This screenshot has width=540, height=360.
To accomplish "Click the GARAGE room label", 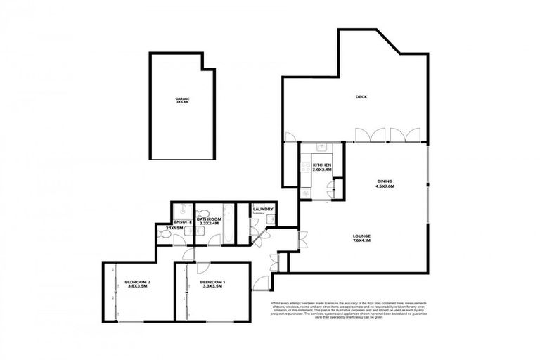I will (182, 100).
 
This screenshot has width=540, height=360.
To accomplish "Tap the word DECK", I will (361, 97).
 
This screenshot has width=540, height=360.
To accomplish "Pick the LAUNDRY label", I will (263, 210).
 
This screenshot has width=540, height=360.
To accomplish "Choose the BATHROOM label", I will (210, 221).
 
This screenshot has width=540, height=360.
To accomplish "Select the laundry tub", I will (269, 219).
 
